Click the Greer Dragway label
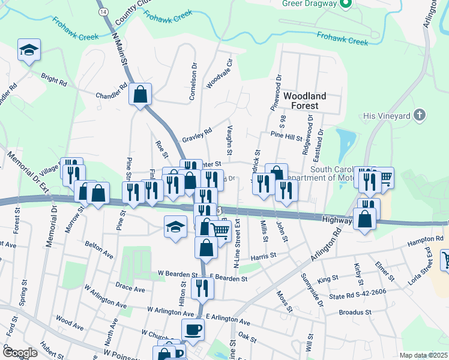(308, 3)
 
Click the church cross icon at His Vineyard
(420, 115)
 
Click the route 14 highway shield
(104, 11)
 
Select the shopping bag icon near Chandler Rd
(140, 94)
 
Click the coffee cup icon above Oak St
(193, 329)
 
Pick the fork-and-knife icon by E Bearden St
(202, 288)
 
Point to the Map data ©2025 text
(423, 355)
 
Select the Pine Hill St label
(286, 137)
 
